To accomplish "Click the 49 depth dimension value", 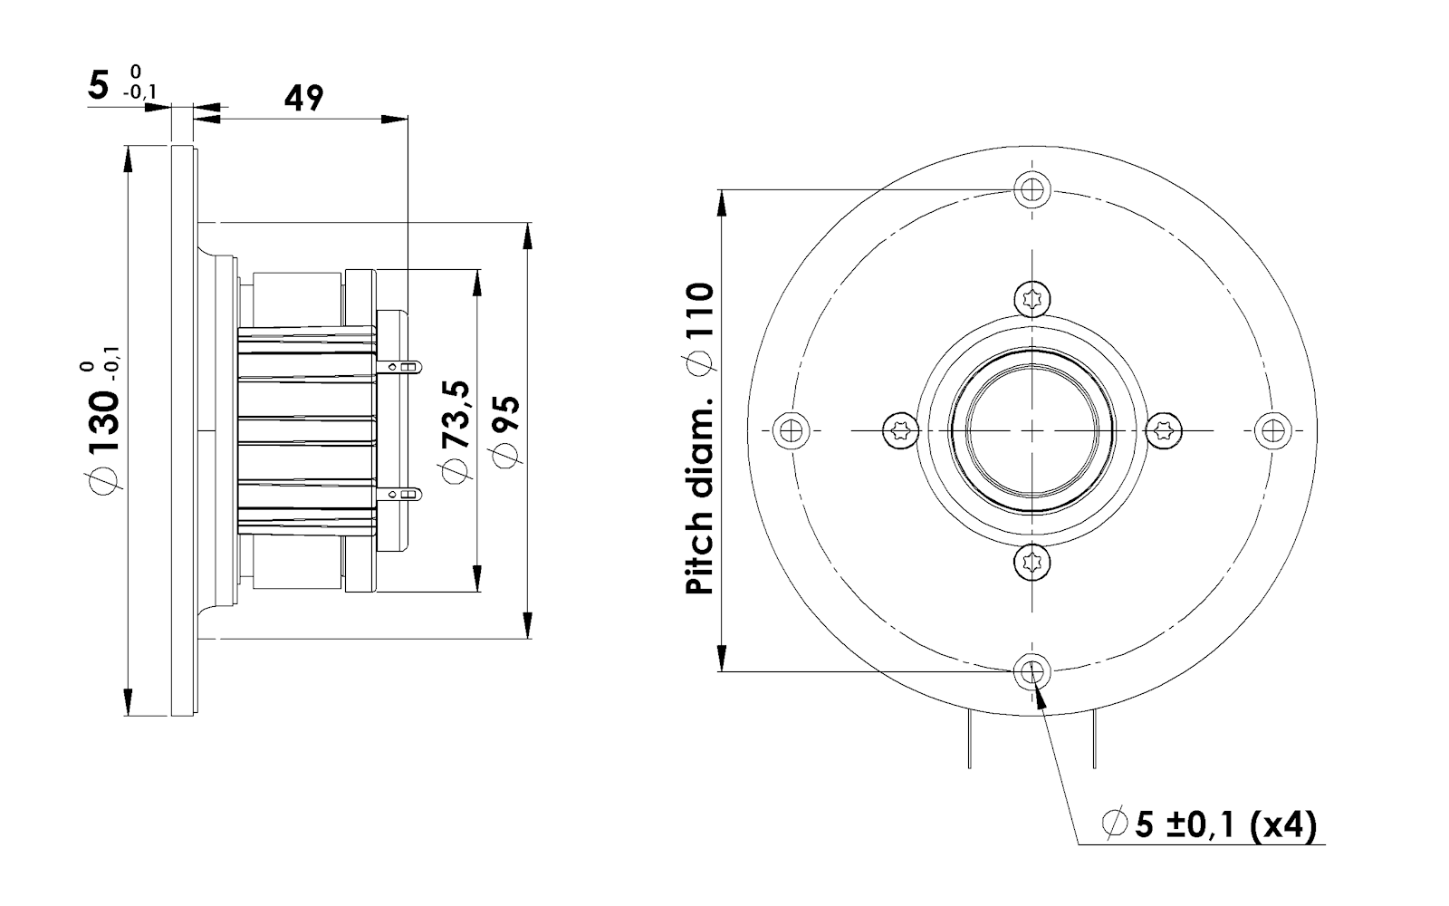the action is tap(303, 98).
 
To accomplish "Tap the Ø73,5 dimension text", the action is tap(456, 431).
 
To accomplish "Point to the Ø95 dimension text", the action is tap(506, 431).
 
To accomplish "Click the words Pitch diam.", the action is tap(699, 496).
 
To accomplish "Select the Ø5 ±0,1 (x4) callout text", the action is tap(1209, 825).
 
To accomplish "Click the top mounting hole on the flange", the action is tap(1032, 189).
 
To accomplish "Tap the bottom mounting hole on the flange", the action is tap(1032, 671).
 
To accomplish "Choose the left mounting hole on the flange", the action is tap(792, 430).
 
